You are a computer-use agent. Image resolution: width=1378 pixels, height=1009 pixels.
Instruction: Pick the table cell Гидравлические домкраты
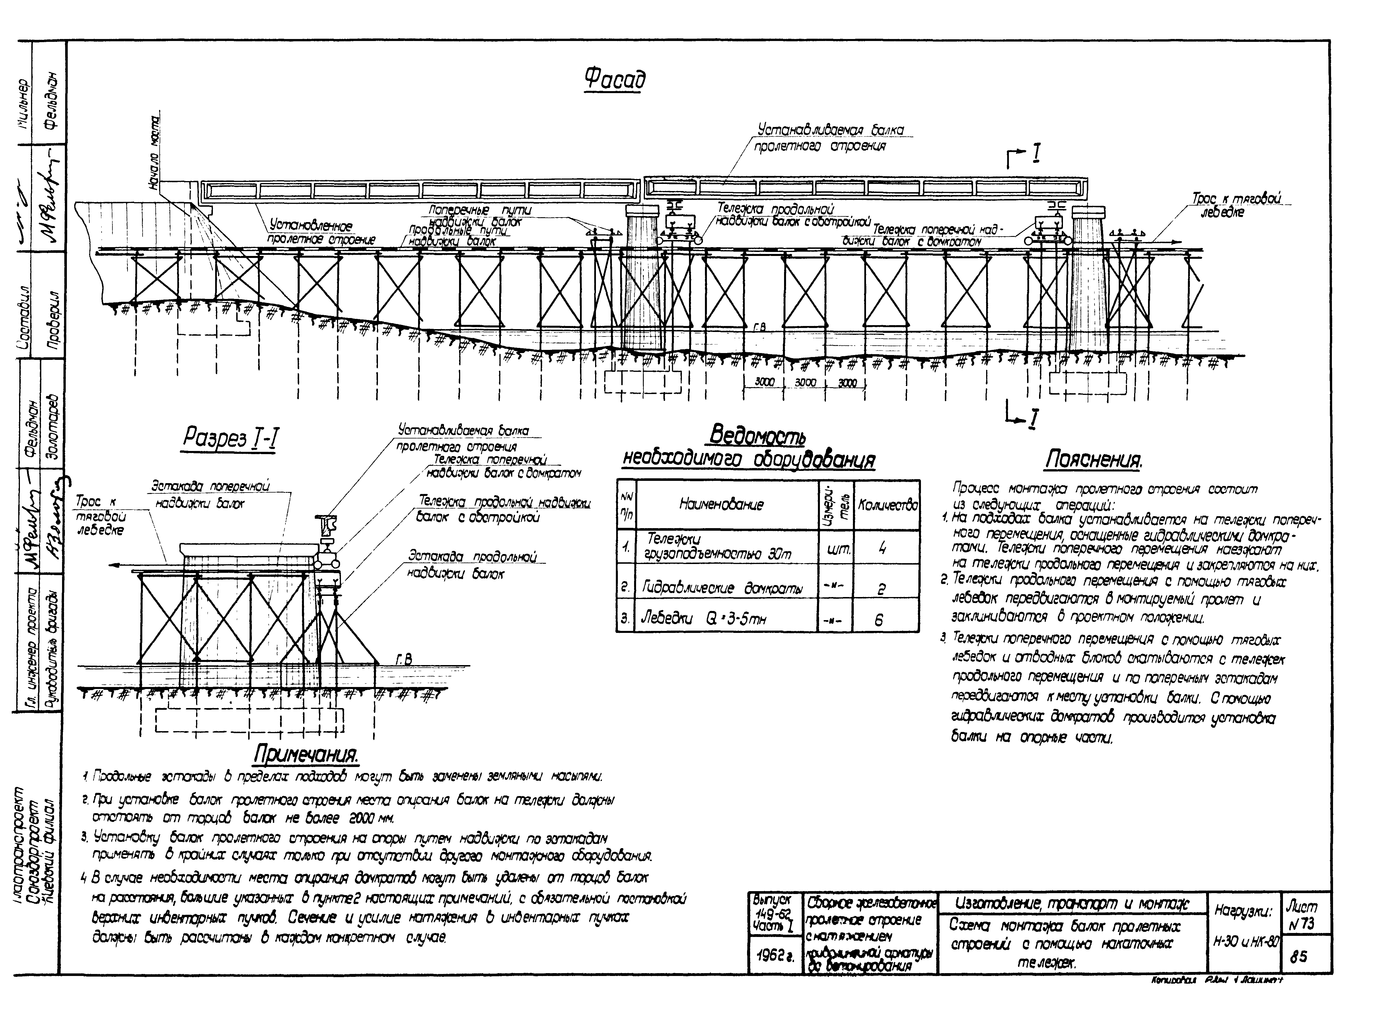[723, 588]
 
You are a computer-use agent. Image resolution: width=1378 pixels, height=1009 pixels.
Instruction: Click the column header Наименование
[721, 504]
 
